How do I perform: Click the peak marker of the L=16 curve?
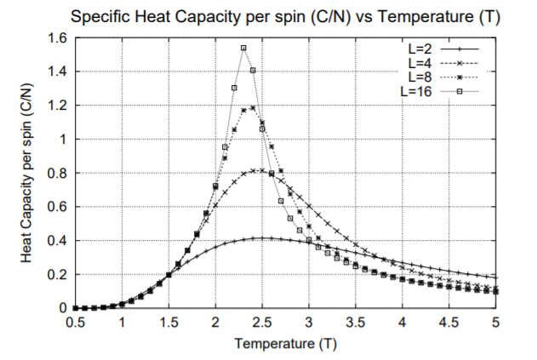tap(244, 49)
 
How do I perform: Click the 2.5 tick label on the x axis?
tap(263, 324)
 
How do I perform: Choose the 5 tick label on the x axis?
tap(495, 324)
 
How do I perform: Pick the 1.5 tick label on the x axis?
tap(169, 324)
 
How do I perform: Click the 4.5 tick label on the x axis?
tap(449, 324)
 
